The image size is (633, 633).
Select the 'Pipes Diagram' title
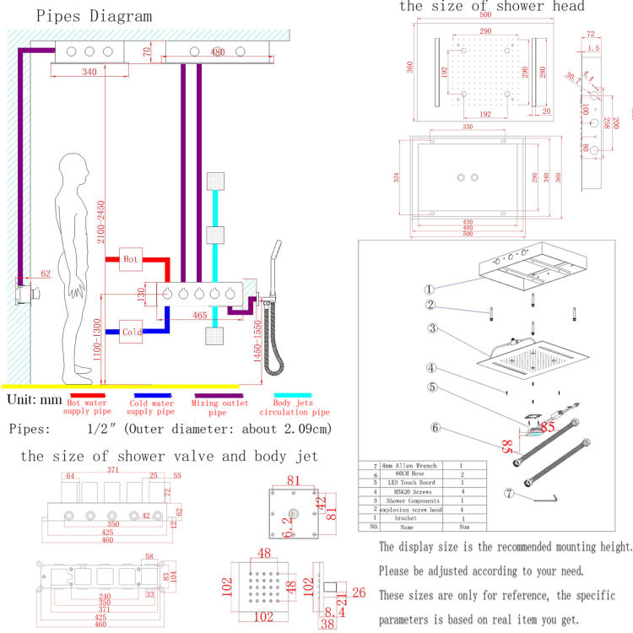point(83,16)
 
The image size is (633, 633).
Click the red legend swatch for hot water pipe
point(89,392)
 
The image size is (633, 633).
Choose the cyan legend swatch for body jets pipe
point(292,392)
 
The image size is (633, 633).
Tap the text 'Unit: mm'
point(35,398)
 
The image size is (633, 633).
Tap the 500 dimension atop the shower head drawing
point(484,15)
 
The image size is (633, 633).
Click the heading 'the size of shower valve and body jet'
point(169,457)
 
